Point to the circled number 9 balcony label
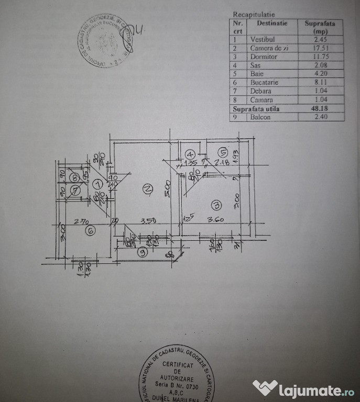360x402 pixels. click(142, 252)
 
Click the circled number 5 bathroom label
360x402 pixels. click(222, 153)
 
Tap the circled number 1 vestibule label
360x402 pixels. click(97, 184)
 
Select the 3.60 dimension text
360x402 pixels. click(216, 220)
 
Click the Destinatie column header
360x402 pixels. click(272, 24)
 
